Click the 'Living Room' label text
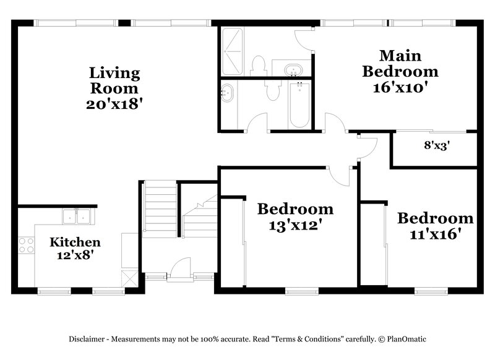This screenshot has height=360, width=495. pyautogui.click(x=115, y=80)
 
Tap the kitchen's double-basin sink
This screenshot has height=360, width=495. pyautogui.click(x=77, y=216)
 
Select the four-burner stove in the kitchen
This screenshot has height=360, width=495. pyautogui.click(x=26, y=245)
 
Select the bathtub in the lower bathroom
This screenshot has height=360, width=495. pyautogui.click(x=299, y=105)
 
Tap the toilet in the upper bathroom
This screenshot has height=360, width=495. pyautogui.click(x=259, y=65)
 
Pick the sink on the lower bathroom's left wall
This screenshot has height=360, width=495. pyautogui.click(x=227, y=93)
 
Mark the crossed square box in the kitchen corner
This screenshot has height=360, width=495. pyautogui.click(x=129, y=276)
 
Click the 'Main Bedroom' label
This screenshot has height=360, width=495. pyautogui.click(x=400, y=63)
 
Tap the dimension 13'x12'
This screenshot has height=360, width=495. pyautogui.click(x=295, y=225)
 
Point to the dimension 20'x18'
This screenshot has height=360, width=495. pyautogui.click(x=115, y=103)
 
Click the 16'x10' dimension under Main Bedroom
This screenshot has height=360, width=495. pyautogui.click(x=400, y=87)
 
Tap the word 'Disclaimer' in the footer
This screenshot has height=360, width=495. pyautogui.click(x=87, y=339)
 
